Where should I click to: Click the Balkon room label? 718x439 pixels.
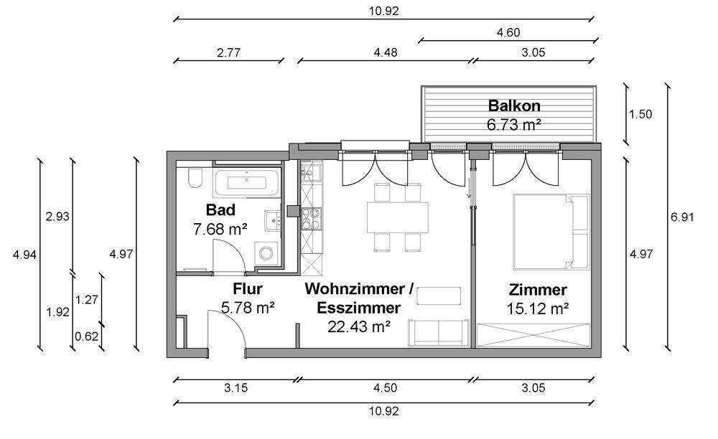pyautogui.click(x=513, y=106)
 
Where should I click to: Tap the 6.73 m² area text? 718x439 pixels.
pyautogui.click(x=513, y=124)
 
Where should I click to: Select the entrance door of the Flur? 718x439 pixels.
pyautogui.click(x=225, y=334)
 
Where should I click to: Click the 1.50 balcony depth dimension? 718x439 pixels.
pyautogui.click(x=640, y=114)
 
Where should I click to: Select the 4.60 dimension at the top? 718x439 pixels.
pyautogui.click(x=508, y=32)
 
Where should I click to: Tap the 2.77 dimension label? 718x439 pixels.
pyautogui.click(x=226, y=52)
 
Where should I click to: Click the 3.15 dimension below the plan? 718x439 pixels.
pyautogui.click(x=236, y=389)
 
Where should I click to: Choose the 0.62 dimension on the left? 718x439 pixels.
pyautogui.click(x=87, y=335)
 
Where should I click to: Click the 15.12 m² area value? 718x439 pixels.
pyautogui.click(x=538, y=309)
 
